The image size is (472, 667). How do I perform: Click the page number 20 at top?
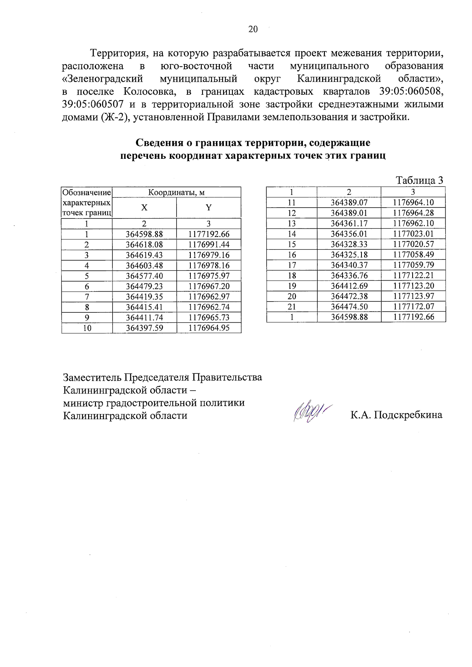[x=253, y=29]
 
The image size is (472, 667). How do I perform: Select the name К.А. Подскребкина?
[x=396, y=415]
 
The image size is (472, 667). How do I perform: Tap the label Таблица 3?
[x=419, y=180]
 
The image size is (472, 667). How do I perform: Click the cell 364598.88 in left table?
[x=144, y=234]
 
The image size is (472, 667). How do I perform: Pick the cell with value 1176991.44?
[x=209, y=244]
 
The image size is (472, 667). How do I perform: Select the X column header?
[x=144, y=208]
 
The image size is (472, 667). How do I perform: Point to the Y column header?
[x=209, y=208]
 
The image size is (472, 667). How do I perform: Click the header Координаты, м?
[x=177, y=193]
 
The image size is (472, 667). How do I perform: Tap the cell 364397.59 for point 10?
[x=144, y=328]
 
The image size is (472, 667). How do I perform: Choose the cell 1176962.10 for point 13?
[x=413, y=223]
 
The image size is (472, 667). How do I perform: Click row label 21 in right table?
[x=291, y=307]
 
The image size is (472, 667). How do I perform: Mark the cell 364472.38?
[x=349, y=296]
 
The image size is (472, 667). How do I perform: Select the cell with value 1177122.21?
[x=413, y=276]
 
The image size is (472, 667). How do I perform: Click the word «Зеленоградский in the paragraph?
[x=103, y=79]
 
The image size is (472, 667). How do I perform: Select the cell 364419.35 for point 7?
[x=144, y=297]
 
